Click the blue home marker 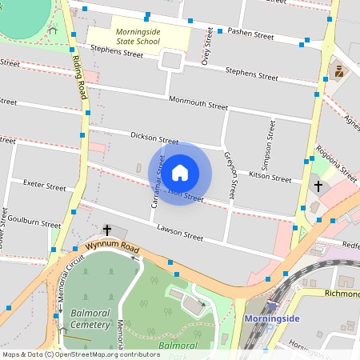click(180, 173)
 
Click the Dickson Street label click(154, 138)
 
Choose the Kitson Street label click(270, 176)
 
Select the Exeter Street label click(44, 186)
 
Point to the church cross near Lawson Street click(107, 230)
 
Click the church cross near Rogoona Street click(318, 186)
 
